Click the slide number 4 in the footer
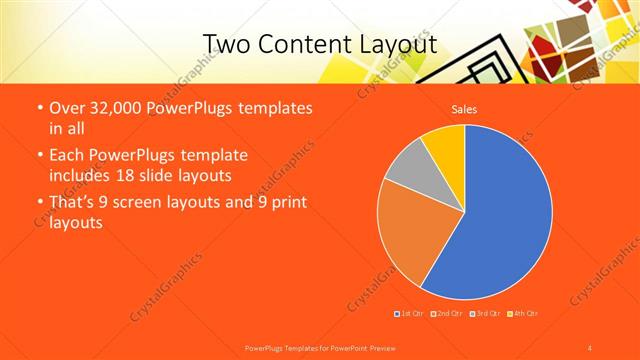tap(590, 347)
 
